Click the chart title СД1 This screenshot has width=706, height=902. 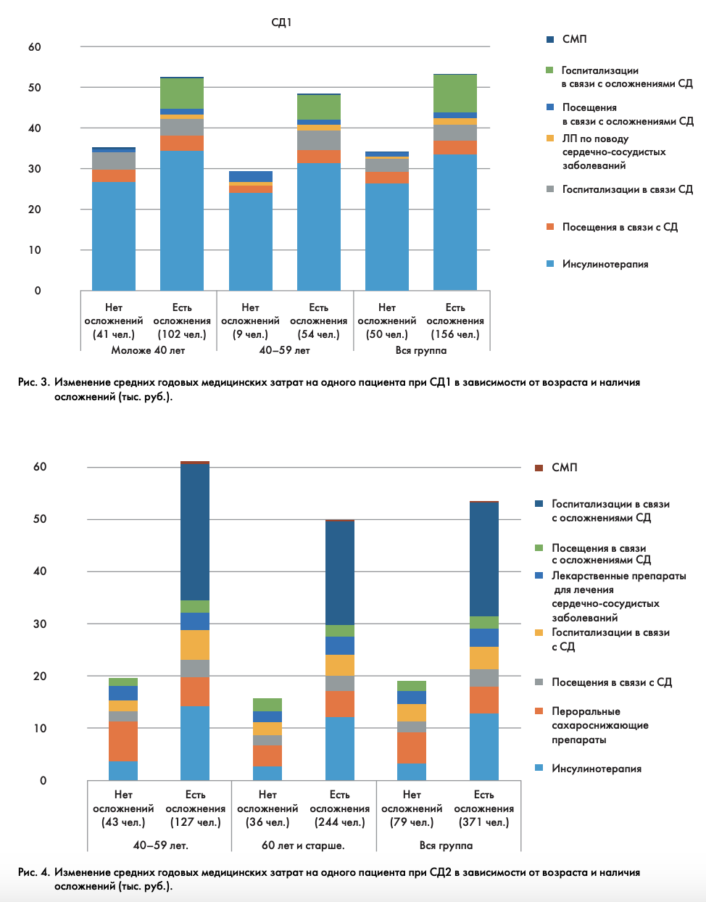click(281, 22)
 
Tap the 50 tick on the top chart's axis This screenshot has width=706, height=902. click(35, 88)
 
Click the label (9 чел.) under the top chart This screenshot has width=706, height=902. click(250, 334)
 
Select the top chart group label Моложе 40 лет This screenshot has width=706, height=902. click(148, 350)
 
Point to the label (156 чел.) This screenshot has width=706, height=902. click(455, 334)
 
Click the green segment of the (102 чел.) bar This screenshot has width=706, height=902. click(182, 93)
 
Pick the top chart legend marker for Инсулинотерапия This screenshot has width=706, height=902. click(550, 264)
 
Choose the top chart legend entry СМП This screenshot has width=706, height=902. click(574, 38)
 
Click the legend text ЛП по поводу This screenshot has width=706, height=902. click(595, 138)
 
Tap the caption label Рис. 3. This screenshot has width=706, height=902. click(34, 382)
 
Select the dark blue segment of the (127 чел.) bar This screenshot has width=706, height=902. click(195, 531)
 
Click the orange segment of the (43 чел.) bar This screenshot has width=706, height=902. click(123, 741)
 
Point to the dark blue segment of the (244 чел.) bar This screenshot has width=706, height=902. click(339, 573)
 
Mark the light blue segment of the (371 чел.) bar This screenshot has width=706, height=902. click(483, 747)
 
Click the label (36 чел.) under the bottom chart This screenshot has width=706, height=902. click(267, 822)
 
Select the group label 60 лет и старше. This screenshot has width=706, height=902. click(303, 845)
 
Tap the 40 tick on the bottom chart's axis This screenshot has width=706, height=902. click(40, 571)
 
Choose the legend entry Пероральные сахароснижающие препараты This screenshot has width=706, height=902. click(599, 725)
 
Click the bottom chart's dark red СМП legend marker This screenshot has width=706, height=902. click(539, 468)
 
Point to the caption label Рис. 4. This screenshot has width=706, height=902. click(34, 872)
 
